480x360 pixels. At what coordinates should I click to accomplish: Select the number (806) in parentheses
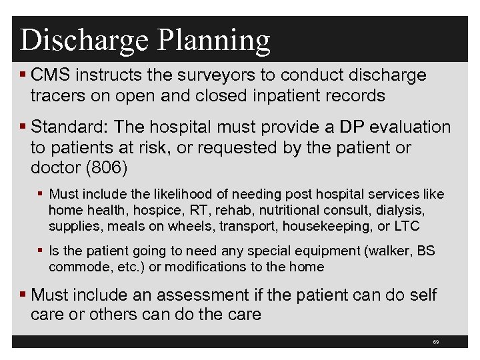coord(107,167)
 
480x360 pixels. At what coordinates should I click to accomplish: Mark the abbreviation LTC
coord(405,226)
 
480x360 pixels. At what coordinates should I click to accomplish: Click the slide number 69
coord(435,342)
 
